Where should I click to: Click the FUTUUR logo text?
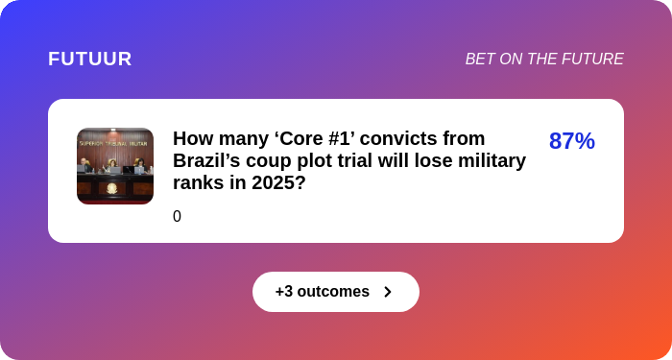(89, 59)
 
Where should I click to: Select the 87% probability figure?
(572, 140)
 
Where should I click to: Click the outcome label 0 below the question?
(177, 216)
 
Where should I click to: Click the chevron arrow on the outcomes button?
(388, 292)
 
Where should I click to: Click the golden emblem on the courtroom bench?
(111, 188)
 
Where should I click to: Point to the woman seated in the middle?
(112, 166)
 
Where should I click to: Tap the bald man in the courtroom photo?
(84, 165)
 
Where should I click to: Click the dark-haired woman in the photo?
(140, 166)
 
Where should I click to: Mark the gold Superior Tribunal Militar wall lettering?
(114, 144)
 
